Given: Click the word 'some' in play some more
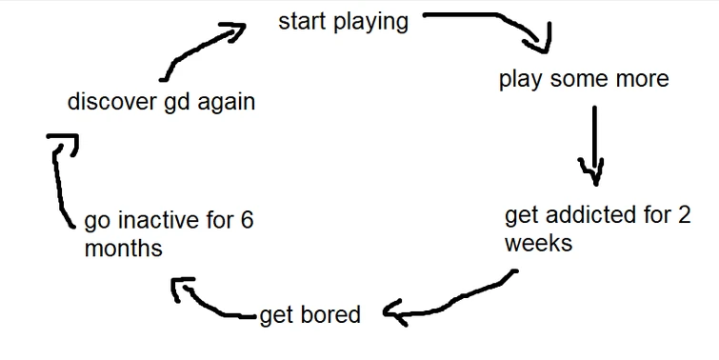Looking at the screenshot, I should click(x=582, y=78).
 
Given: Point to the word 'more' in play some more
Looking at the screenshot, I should click(x=641, y=78).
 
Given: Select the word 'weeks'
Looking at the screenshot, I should click(x=538, y=243).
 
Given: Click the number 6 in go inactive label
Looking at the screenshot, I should click(x=246, y=222).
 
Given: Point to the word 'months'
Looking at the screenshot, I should click(x=123, y=250).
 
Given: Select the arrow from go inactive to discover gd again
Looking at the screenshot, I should click(x=60, y=181).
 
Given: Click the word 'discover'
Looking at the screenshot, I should click(x=106, y=101).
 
